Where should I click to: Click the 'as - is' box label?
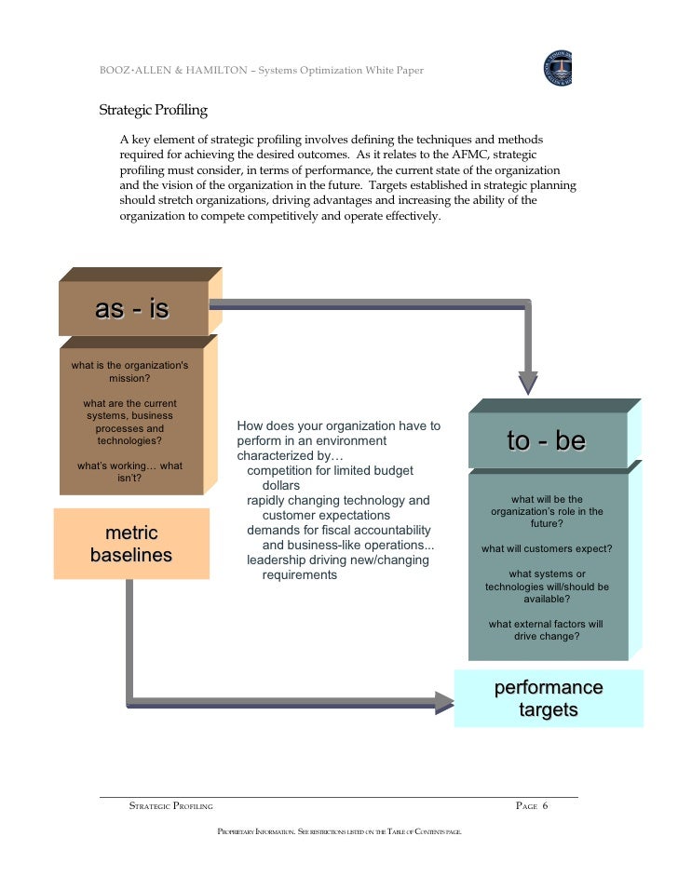132,308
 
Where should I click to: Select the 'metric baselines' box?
131,544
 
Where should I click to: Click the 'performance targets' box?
549,698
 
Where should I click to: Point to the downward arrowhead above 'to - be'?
528,382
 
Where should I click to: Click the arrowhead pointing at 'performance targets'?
445,701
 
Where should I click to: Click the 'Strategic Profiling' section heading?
153,110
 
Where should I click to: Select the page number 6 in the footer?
545,805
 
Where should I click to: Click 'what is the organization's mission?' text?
129,371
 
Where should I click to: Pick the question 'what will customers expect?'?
547,548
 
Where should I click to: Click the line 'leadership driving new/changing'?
337,560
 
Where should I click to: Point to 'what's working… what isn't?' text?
129,471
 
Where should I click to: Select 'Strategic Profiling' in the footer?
170,805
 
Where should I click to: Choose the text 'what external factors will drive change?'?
547,630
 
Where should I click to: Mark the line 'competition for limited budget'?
330,471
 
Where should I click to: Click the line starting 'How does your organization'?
338,425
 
